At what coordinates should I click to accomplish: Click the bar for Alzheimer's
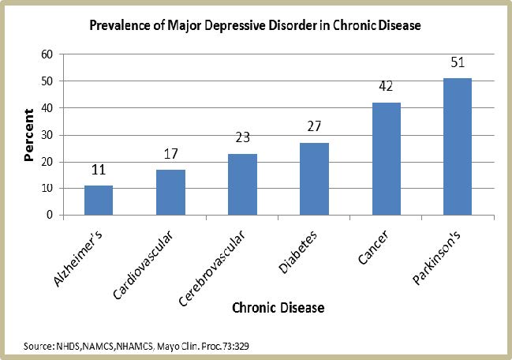[x=99, y=201]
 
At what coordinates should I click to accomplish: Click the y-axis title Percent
[x=28, y=135]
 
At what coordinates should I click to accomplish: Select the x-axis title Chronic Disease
[x=278, y=306]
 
